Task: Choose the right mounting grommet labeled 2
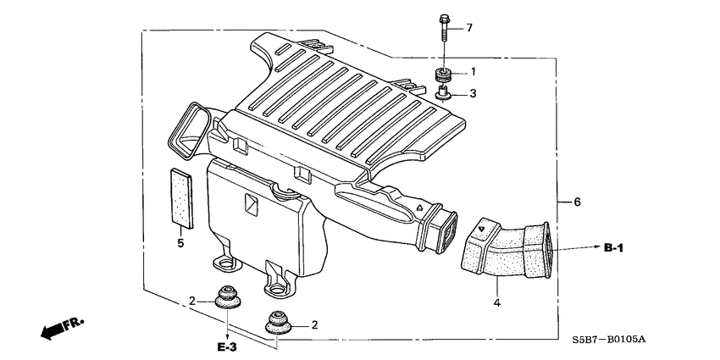(277, 322)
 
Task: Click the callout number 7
(468, 28)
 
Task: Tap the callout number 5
(180, 244)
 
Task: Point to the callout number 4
(497, 302)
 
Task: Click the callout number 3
(474, 93)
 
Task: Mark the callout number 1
(474, 72)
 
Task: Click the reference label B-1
(613, 248)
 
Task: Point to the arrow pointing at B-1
(576, 248)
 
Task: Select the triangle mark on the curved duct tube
(481, 227)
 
